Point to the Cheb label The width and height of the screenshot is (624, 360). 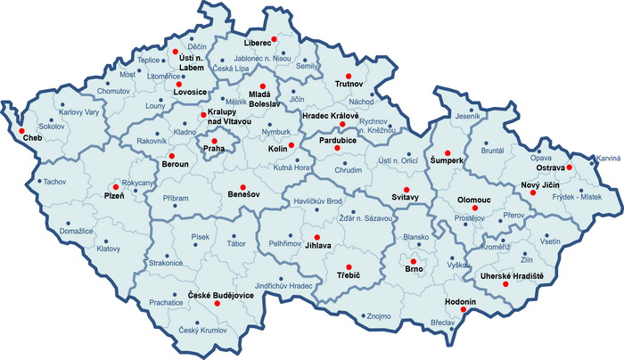(31, 140)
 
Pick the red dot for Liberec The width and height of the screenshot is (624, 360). (275, 40)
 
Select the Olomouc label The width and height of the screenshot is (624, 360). (474, 201)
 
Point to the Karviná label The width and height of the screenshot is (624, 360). (608, 158)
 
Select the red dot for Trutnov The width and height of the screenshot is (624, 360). (349, 76)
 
